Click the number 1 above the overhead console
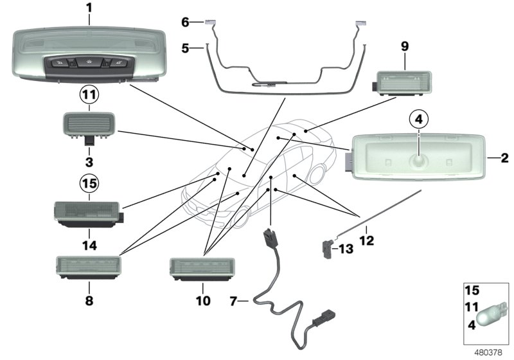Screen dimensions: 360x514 (89, 9)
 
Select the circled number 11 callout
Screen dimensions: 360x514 (89, 95)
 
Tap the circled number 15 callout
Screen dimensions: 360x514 (89, 184)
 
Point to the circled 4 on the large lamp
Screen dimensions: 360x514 (418, 119)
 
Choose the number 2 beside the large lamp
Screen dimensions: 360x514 (506, 156)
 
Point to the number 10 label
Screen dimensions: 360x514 (202, 299)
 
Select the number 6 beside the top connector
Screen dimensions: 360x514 (184, 22)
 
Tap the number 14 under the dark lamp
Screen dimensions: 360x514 (89, 244)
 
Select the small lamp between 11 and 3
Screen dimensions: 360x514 (88, 123)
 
